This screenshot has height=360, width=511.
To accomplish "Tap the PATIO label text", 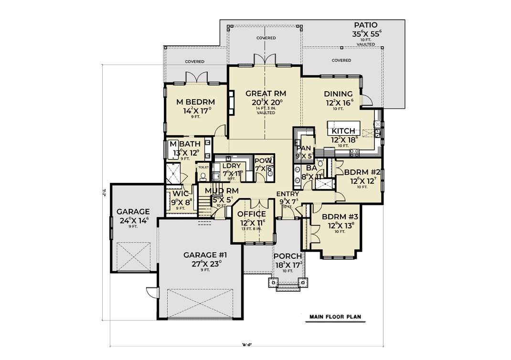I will (x=366, y=25).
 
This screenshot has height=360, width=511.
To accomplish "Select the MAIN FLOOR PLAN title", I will (x=335, y=317).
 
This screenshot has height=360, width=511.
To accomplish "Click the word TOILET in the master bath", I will (x=203, y=168).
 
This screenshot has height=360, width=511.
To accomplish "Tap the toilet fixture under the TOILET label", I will (x=203, y=176).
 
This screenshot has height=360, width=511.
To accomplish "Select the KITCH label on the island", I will (x=343, y=131).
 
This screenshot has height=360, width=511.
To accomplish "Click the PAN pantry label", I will (x=302, y=148).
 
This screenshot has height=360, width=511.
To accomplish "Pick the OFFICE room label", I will (x=251, y=214).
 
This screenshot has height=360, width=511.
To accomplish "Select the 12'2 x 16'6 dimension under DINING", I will (x=339, y=102).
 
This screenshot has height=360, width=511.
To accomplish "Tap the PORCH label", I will (x=288, y=256).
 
